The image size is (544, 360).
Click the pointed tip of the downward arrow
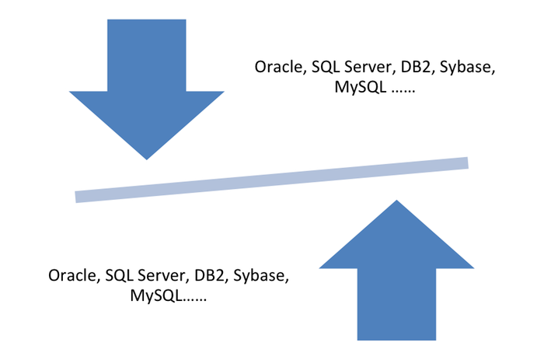pyautogui.click(x=146, y=162)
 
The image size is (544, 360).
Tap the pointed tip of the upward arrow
pyautogui.click(x=396, y=197)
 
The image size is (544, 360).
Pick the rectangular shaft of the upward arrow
pyautogui.click(x=396, y=305)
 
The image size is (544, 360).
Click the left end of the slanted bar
pyautogui.click(x=74, y=196)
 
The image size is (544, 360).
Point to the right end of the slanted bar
pyautogui.click(x=469, y=162)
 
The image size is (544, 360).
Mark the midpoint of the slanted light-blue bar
pyautogui.click(x=271, y=179)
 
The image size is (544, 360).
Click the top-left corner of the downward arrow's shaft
pyautogui.click(x=106, y=19)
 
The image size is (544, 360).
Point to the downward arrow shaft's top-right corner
pyautogui.click(x=188, y=19)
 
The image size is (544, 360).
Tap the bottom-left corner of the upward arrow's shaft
pyautogui.click(x=356, y=341)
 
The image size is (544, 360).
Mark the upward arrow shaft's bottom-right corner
pyautogui.click(x=438, y=341)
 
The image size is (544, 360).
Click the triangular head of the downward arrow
pyautogui.click(x=146, y=117)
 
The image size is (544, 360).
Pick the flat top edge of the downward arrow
pyautogui.click(x=147, y=19)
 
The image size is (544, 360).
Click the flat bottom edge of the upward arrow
pyautogui.click(x=396, y=341)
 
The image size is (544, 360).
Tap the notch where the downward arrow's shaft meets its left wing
pyautogui.click(x=106, y=89)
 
